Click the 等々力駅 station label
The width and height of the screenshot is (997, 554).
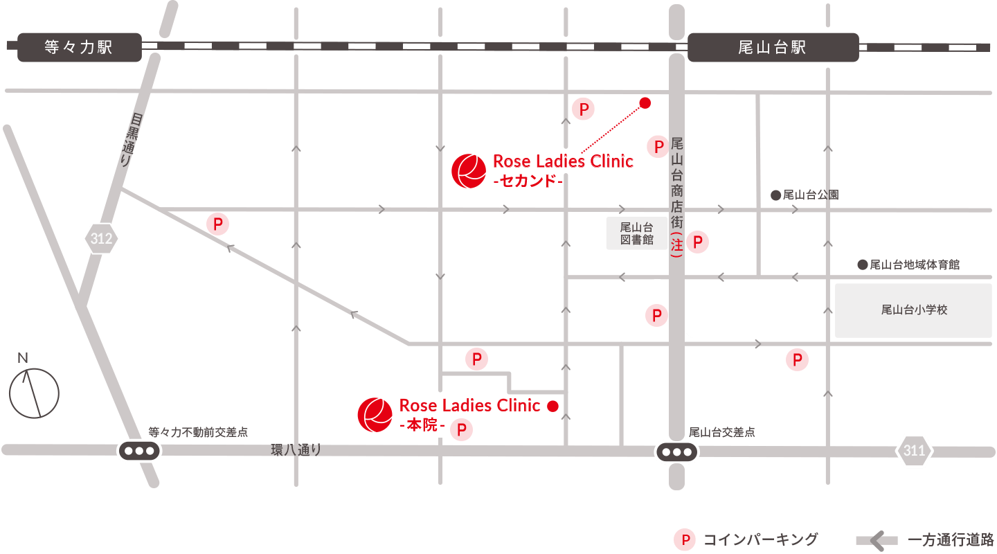(78, 47)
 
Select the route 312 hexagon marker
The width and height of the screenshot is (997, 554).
(101, 239)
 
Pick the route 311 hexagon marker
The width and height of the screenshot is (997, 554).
(914, 451)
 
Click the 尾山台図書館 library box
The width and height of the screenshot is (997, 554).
(636, 233)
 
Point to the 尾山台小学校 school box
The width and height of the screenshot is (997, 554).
(913, 310)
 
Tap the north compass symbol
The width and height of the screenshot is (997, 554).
(33, 391)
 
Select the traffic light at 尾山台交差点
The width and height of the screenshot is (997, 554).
(676, 452)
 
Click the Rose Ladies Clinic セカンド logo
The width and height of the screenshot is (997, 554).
(468, 170)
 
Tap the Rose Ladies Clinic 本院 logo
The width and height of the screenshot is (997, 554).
(375, 414)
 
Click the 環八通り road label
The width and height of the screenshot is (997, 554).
(296, 450)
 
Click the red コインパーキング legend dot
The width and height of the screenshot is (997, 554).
(685, 539)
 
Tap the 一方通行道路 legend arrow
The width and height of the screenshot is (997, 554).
(877, 539)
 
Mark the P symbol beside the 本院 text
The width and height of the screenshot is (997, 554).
(461, 429)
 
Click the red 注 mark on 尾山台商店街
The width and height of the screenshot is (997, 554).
(677, 244)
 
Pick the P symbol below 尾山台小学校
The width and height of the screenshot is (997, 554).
(797, 360)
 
